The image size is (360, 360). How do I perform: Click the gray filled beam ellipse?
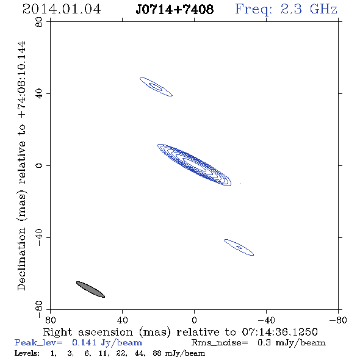[x=90, y=289]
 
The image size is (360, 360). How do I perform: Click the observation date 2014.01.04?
[x=62, y=9]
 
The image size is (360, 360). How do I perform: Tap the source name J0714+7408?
[x=175, y=9]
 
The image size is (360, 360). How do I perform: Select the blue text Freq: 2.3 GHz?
[x=286, y=9]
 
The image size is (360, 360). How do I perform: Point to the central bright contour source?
[x=194, y=165]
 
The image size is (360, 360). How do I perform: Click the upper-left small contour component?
[x=156, y=87]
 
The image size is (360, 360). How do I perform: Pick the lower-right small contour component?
[x=239, y=247]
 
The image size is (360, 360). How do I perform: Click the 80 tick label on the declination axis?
[x=39, y=22]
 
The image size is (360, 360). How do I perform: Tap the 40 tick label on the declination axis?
[x=39, y=94]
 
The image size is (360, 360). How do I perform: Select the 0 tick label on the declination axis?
[x=39, y=165]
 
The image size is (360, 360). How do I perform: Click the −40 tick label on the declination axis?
[x=39, y=237]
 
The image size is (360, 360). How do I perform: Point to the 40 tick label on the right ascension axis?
[x=122, y=320]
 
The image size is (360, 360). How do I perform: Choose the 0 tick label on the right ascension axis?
[x=194, y=320]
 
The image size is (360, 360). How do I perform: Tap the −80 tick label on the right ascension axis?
[x=338, y=320]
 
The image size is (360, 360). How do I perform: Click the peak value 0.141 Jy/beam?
[x=107, y=343]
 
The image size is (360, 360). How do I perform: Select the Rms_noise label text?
[x=220, y=343]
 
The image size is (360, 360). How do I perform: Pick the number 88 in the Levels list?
[x=157, y=353]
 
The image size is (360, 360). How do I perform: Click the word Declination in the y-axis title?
[x=21, y=259]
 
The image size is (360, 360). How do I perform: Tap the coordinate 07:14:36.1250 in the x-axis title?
[x=279, y=332]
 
